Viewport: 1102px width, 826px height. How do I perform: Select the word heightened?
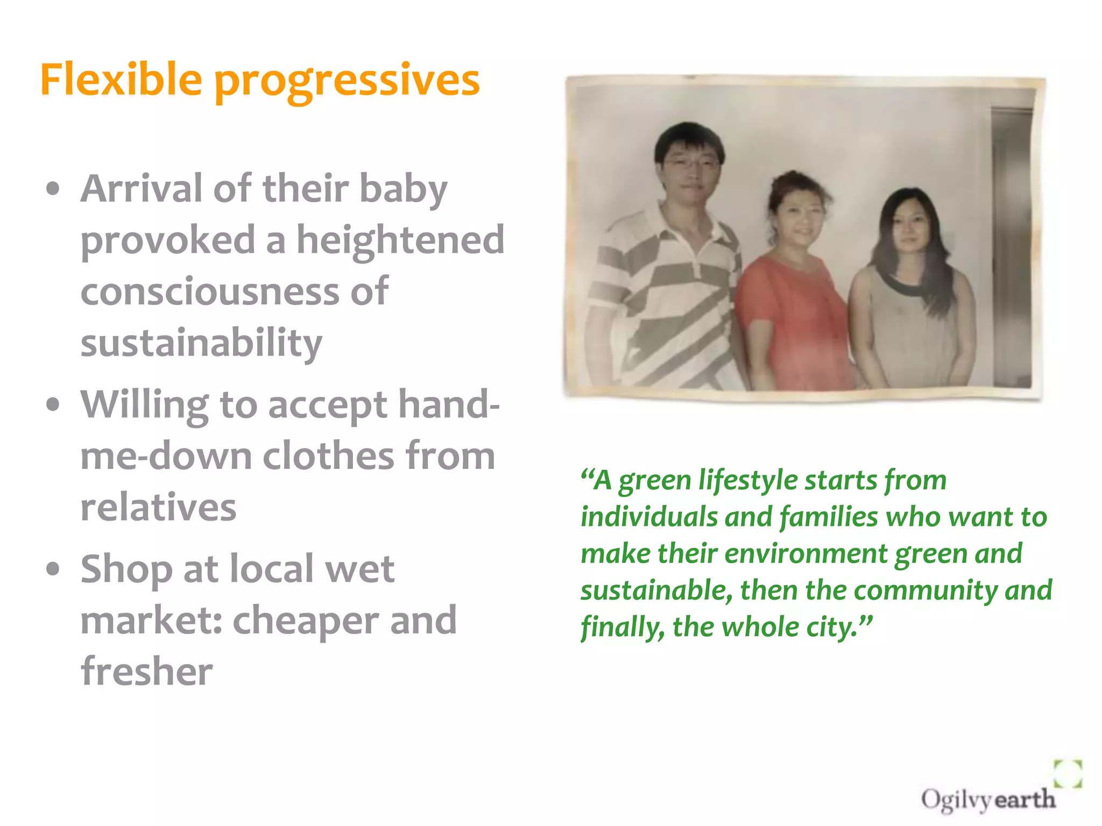tap(400, 240)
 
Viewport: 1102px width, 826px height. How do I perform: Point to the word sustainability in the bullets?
tap(201, 343)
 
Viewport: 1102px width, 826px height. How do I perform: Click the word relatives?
tap(158, 507)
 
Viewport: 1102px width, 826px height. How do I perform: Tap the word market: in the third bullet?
tap(151, 620)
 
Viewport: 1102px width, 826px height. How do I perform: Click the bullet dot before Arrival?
tap(53, 189)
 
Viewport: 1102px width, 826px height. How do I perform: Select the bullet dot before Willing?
tap(53, 405)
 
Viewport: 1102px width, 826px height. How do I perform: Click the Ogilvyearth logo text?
tap(987, 799)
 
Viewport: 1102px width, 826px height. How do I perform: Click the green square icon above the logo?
tap(1068, 773)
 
